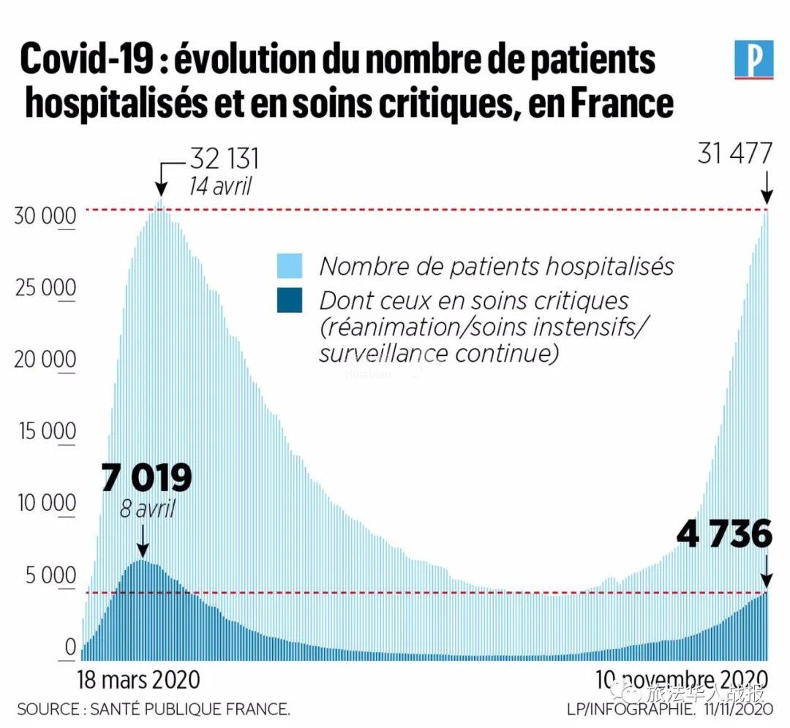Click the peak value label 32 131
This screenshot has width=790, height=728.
click(225, 159)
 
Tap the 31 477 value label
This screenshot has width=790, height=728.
click(734, 154)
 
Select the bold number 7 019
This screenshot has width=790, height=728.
click(146, 478)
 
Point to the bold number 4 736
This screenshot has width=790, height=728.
click(724, 534)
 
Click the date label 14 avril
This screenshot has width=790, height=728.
click(219, 186)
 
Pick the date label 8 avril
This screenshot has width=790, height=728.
click(147, 509)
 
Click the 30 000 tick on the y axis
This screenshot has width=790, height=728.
click(45, 217)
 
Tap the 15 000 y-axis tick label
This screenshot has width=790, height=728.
click(45, 432)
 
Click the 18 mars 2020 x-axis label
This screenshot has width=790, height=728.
click(138, 679)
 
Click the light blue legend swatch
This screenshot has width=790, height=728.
click(290, 266)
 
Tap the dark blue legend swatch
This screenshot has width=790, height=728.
click(290, 300)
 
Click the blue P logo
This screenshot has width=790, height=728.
click(753, 59)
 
